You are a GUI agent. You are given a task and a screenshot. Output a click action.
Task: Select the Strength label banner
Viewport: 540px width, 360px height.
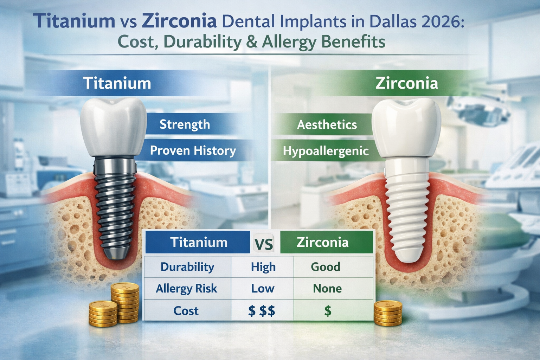185,124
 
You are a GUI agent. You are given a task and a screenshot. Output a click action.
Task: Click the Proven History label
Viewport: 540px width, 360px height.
193,150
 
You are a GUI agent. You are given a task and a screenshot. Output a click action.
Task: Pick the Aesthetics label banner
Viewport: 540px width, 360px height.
327,124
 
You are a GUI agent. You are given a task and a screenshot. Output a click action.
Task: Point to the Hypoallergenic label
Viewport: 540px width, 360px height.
326,151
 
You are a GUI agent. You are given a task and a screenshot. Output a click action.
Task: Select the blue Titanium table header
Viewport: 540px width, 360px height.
198,243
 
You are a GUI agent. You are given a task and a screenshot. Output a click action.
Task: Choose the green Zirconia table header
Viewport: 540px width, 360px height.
323,243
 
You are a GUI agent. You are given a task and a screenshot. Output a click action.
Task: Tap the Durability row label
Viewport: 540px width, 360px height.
187,267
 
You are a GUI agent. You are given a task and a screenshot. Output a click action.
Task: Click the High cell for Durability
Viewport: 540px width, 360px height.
263,267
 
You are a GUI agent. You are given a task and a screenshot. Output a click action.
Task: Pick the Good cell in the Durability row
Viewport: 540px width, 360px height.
326,267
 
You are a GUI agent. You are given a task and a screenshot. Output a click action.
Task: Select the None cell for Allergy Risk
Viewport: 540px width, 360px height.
327,289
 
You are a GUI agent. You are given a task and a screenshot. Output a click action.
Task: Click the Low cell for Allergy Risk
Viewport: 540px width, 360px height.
263,289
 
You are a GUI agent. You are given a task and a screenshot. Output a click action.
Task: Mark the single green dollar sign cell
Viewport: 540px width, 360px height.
328,311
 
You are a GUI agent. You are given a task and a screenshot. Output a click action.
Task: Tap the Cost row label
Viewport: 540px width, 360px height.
186,311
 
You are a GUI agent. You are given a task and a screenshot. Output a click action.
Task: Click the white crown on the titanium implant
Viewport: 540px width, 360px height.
113,127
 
